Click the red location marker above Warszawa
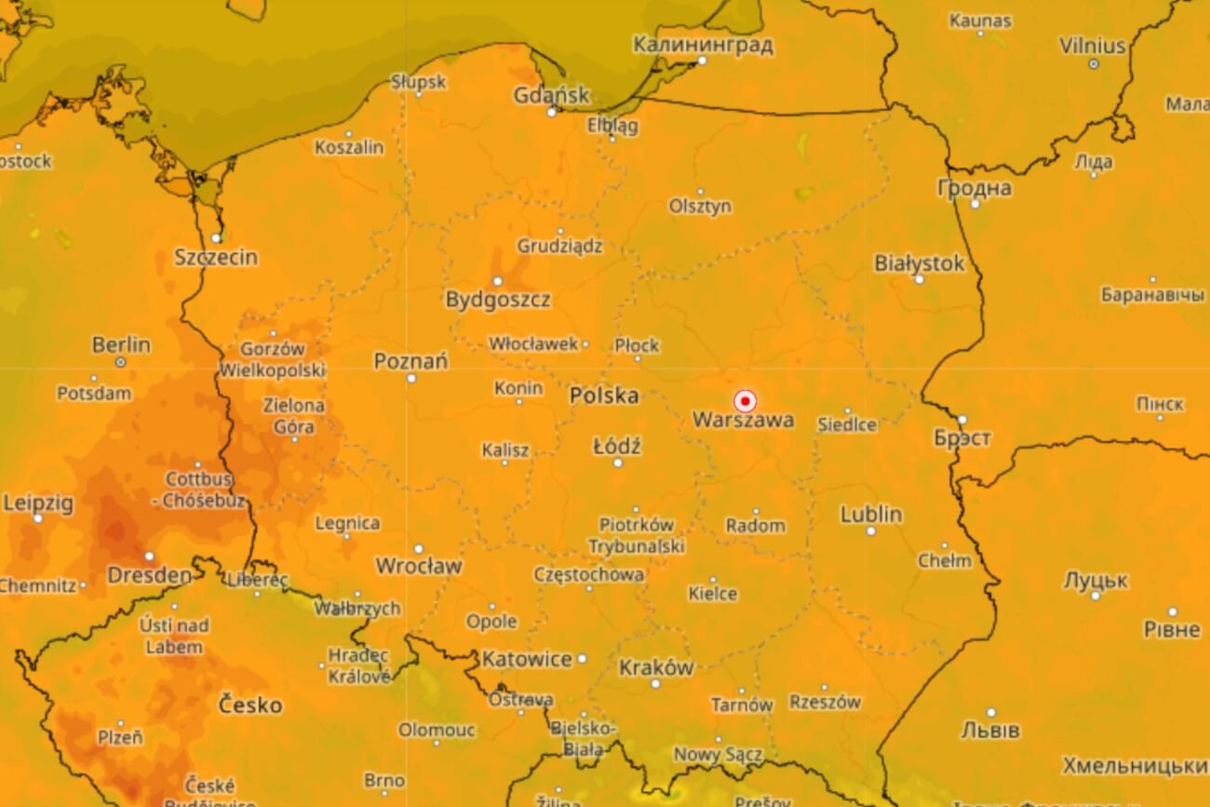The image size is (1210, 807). click(x=745, y=401)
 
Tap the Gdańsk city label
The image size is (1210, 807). click(x=552, y=95)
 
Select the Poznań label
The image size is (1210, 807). click(x=410, y=361)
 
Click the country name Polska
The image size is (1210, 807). click(x=604, y=396)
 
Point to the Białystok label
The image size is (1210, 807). click(x=919, y=263)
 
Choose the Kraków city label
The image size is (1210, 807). click(x=655, y=667)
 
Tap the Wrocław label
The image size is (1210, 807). click(x=418, y=566)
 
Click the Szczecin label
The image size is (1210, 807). click(x=216, y=258)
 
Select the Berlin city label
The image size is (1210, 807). click(x=121, y=344)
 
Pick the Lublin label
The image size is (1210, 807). click(x=870, y=514)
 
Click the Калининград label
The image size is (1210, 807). click(x=703, y=45)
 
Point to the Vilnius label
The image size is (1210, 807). click(x=1092, y=46)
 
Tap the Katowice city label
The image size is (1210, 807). click(x=527, y=659)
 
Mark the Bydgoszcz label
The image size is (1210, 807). click(x=497, y=300)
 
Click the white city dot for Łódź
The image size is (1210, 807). click(x=617, y=462)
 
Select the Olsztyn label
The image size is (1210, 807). click(x=700, y=207)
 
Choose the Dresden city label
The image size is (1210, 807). click(x=149, y=575)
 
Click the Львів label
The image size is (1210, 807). click(x=989, y=729)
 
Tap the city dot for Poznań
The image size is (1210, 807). click(x=411, y=378)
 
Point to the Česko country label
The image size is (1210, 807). click(x=249, y=705)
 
